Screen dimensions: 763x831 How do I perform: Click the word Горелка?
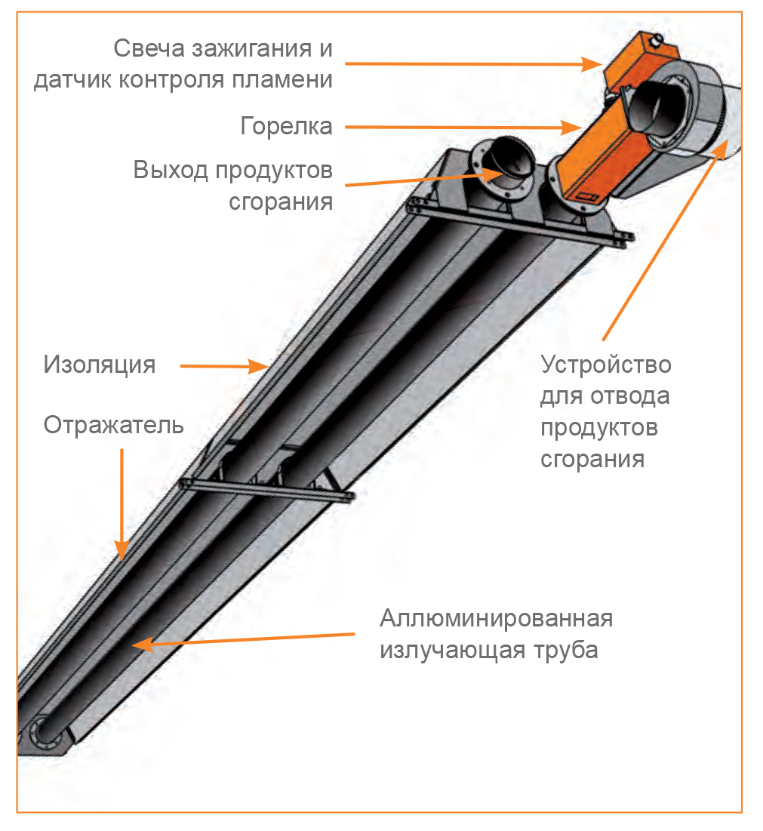point(286,127)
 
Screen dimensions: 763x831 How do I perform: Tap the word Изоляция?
point(100,365)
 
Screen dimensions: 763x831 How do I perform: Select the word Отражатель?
point(113,425)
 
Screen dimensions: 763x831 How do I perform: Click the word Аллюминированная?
point(497,618)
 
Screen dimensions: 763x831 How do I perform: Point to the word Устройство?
point(606,365)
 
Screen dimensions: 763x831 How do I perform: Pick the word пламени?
point(282,79)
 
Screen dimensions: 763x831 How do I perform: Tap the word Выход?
point(171,170)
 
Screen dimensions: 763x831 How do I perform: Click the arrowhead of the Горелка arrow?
point(574,128)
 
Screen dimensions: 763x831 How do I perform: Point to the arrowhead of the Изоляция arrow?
point(260,366)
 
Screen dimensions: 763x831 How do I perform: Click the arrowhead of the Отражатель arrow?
point(122,550)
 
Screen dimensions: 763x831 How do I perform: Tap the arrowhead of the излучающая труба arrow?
point(142,645)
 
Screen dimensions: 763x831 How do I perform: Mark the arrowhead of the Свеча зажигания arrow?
point(592,64)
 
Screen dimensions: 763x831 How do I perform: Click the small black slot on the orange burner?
point(588,198)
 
